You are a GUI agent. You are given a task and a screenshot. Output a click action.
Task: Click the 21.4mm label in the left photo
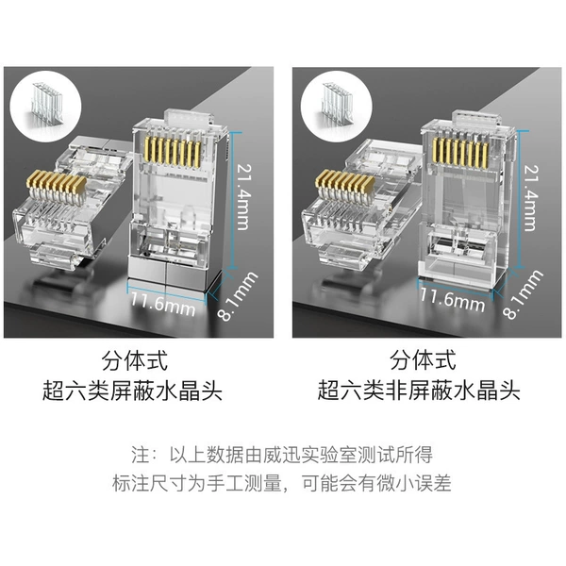pyautogui.click(x=243, y=197)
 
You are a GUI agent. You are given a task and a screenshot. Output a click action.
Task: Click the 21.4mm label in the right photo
pyautogui.click(x=531, y=197)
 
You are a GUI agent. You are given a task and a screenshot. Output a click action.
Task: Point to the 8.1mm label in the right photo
pyautogui.click(x=524, y=294)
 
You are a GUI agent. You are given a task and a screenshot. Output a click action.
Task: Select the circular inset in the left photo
pyautogui.click(x=45, y=106)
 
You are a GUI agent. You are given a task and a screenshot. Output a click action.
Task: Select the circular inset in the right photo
pyautogui.click(x=336, y=106)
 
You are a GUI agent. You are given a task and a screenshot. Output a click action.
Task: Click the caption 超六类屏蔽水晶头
pyautogui.click(x=132, y=391)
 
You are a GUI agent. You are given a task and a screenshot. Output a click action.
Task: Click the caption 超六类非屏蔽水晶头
pyautogui.click(x=419, y=391)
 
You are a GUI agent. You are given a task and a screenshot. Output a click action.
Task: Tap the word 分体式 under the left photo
pyautogui.click(x=135, y=361)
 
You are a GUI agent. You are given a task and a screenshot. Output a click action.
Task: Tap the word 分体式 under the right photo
pyautogui.click(x=423, y=361)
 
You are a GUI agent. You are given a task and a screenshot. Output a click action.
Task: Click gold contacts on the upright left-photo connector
pyautogui.click(x=173, y=153)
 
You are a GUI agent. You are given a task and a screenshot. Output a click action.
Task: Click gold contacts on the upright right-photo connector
pyautogui.click(x=461, y=152)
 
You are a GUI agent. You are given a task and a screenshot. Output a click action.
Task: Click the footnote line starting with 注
pyautogui.click(x=282, y=455)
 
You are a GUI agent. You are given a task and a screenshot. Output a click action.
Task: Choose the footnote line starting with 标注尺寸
pyautogui.click(x=282, y=483)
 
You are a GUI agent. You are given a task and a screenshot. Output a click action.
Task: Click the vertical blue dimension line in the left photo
pyautogui.click(x=233, y=200)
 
